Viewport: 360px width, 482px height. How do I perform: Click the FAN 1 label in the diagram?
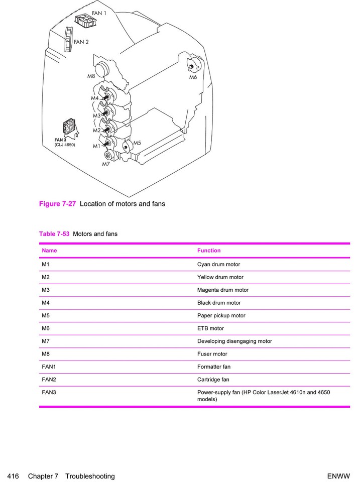(x=99, y=13)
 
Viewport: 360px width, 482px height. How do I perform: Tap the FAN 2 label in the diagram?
(x=81, y=42)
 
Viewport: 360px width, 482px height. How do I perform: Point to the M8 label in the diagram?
(x=91, y=76)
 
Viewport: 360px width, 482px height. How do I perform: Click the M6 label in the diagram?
(x=193, y=77)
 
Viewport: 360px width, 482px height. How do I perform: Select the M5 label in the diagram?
(x=137, y=143)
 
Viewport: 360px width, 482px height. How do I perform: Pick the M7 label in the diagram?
(x=106, y=164)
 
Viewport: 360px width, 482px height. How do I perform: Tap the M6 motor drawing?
(x=193, y=65)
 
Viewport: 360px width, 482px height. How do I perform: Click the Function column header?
(x=209, y=251)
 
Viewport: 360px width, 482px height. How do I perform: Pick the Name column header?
(x=49, y=251)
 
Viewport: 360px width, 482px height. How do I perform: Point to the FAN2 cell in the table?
(x=49, y=380)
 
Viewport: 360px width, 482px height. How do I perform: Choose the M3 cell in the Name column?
(x=46, y=290)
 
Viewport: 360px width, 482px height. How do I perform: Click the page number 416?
(x=13, y=476)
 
